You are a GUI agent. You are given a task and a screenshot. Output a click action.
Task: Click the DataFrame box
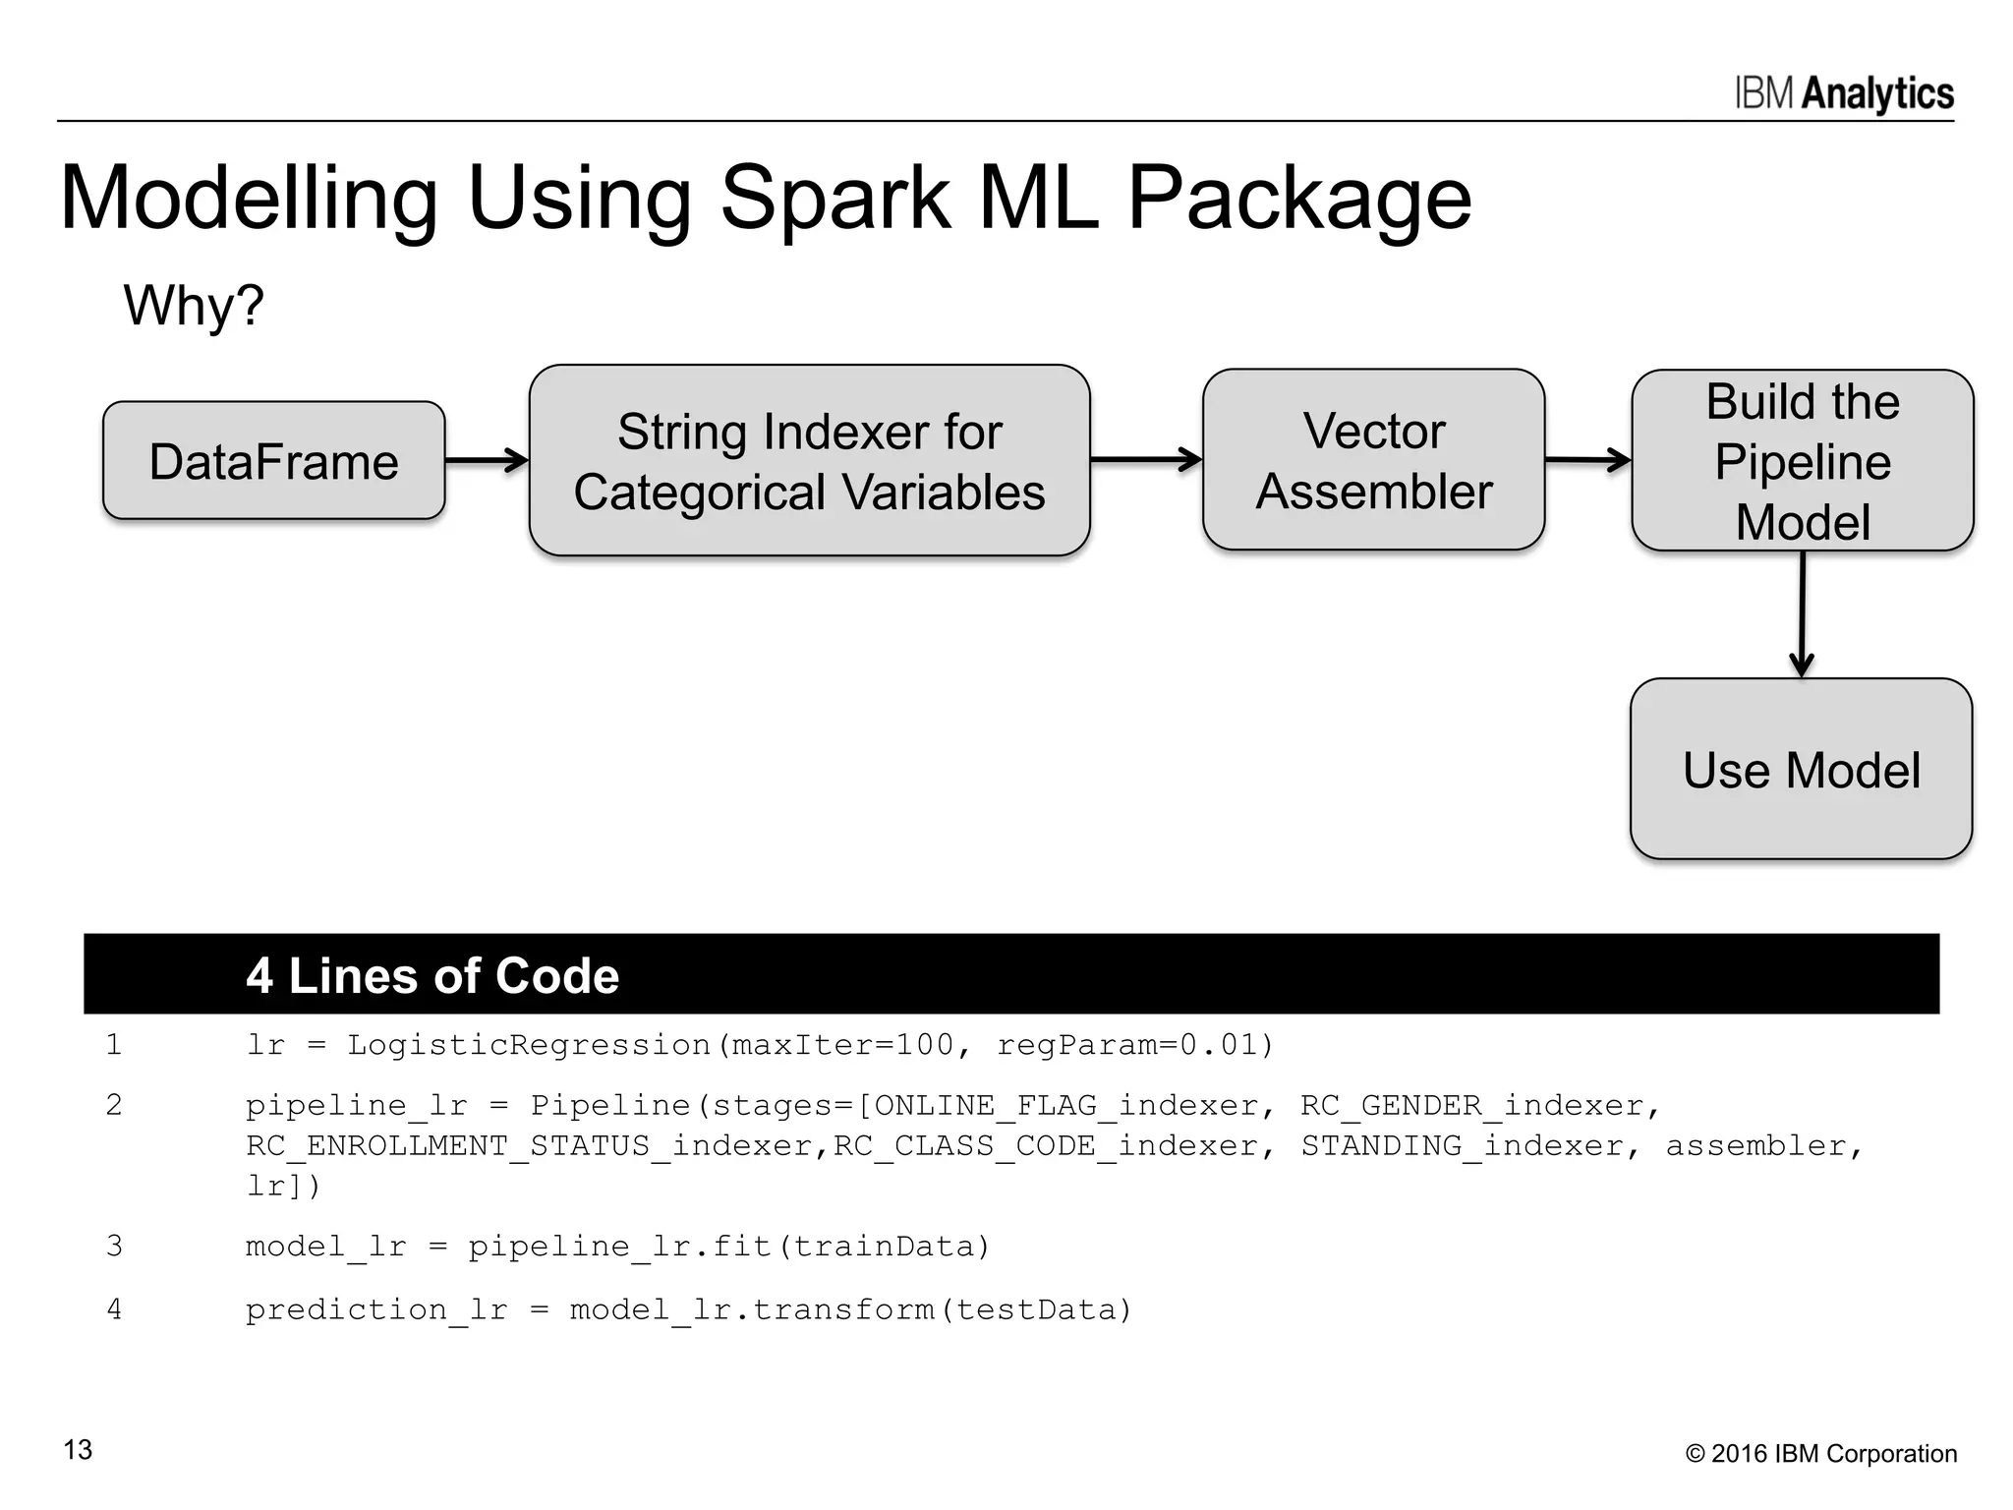click(x=274, y=460)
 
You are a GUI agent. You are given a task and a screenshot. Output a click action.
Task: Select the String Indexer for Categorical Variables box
click(x=810, y=460)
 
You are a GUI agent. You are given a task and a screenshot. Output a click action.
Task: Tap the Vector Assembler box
click(x=1374, y=459)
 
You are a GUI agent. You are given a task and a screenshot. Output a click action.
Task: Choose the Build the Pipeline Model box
click(x=1803, y=460)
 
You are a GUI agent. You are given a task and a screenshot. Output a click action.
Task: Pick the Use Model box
click(x=1802, y=769)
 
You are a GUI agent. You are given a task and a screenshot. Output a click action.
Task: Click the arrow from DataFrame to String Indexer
click(x=488, y=460)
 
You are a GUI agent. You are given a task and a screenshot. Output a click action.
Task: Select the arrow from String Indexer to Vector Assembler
click(x=1146, y=459)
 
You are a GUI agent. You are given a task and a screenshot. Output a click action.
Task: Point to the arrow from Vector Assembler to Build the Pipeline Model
click(x=1588, y=459)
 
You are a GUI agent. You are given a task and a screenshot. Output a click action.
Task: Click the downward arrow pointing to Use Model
click(x=1802, y=614)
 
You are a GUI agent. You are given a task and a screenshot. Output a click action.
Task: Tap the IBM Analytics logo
click(x=1844, y=93)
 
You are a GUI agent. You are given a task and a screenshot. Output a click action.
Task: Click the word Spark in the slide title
click(x=835, y=199)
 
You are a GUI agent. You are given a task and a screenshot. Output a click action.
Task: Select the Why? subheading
click(x=194, y=305)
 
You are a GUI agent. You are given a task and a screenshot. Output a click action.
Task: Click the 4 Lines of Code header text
click(x=432, y=975)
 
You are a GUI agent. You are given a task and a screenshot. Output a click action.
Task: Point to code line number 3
click(x=114, y=1246)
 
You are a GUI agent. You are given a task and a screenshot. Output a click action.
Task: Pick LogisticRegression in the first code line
click(x=529, y=1044)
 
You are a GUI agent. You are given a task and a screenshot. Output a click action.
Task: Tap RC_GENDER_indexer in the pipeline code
click(x=1472, y=1106)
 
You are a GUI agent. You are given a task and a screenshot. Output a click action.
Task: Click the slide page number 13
click(x=78, y=1450)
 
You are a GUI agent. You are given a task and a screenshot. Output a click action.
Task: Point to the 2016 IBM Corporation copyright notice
click(x=1821, y=1454)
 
